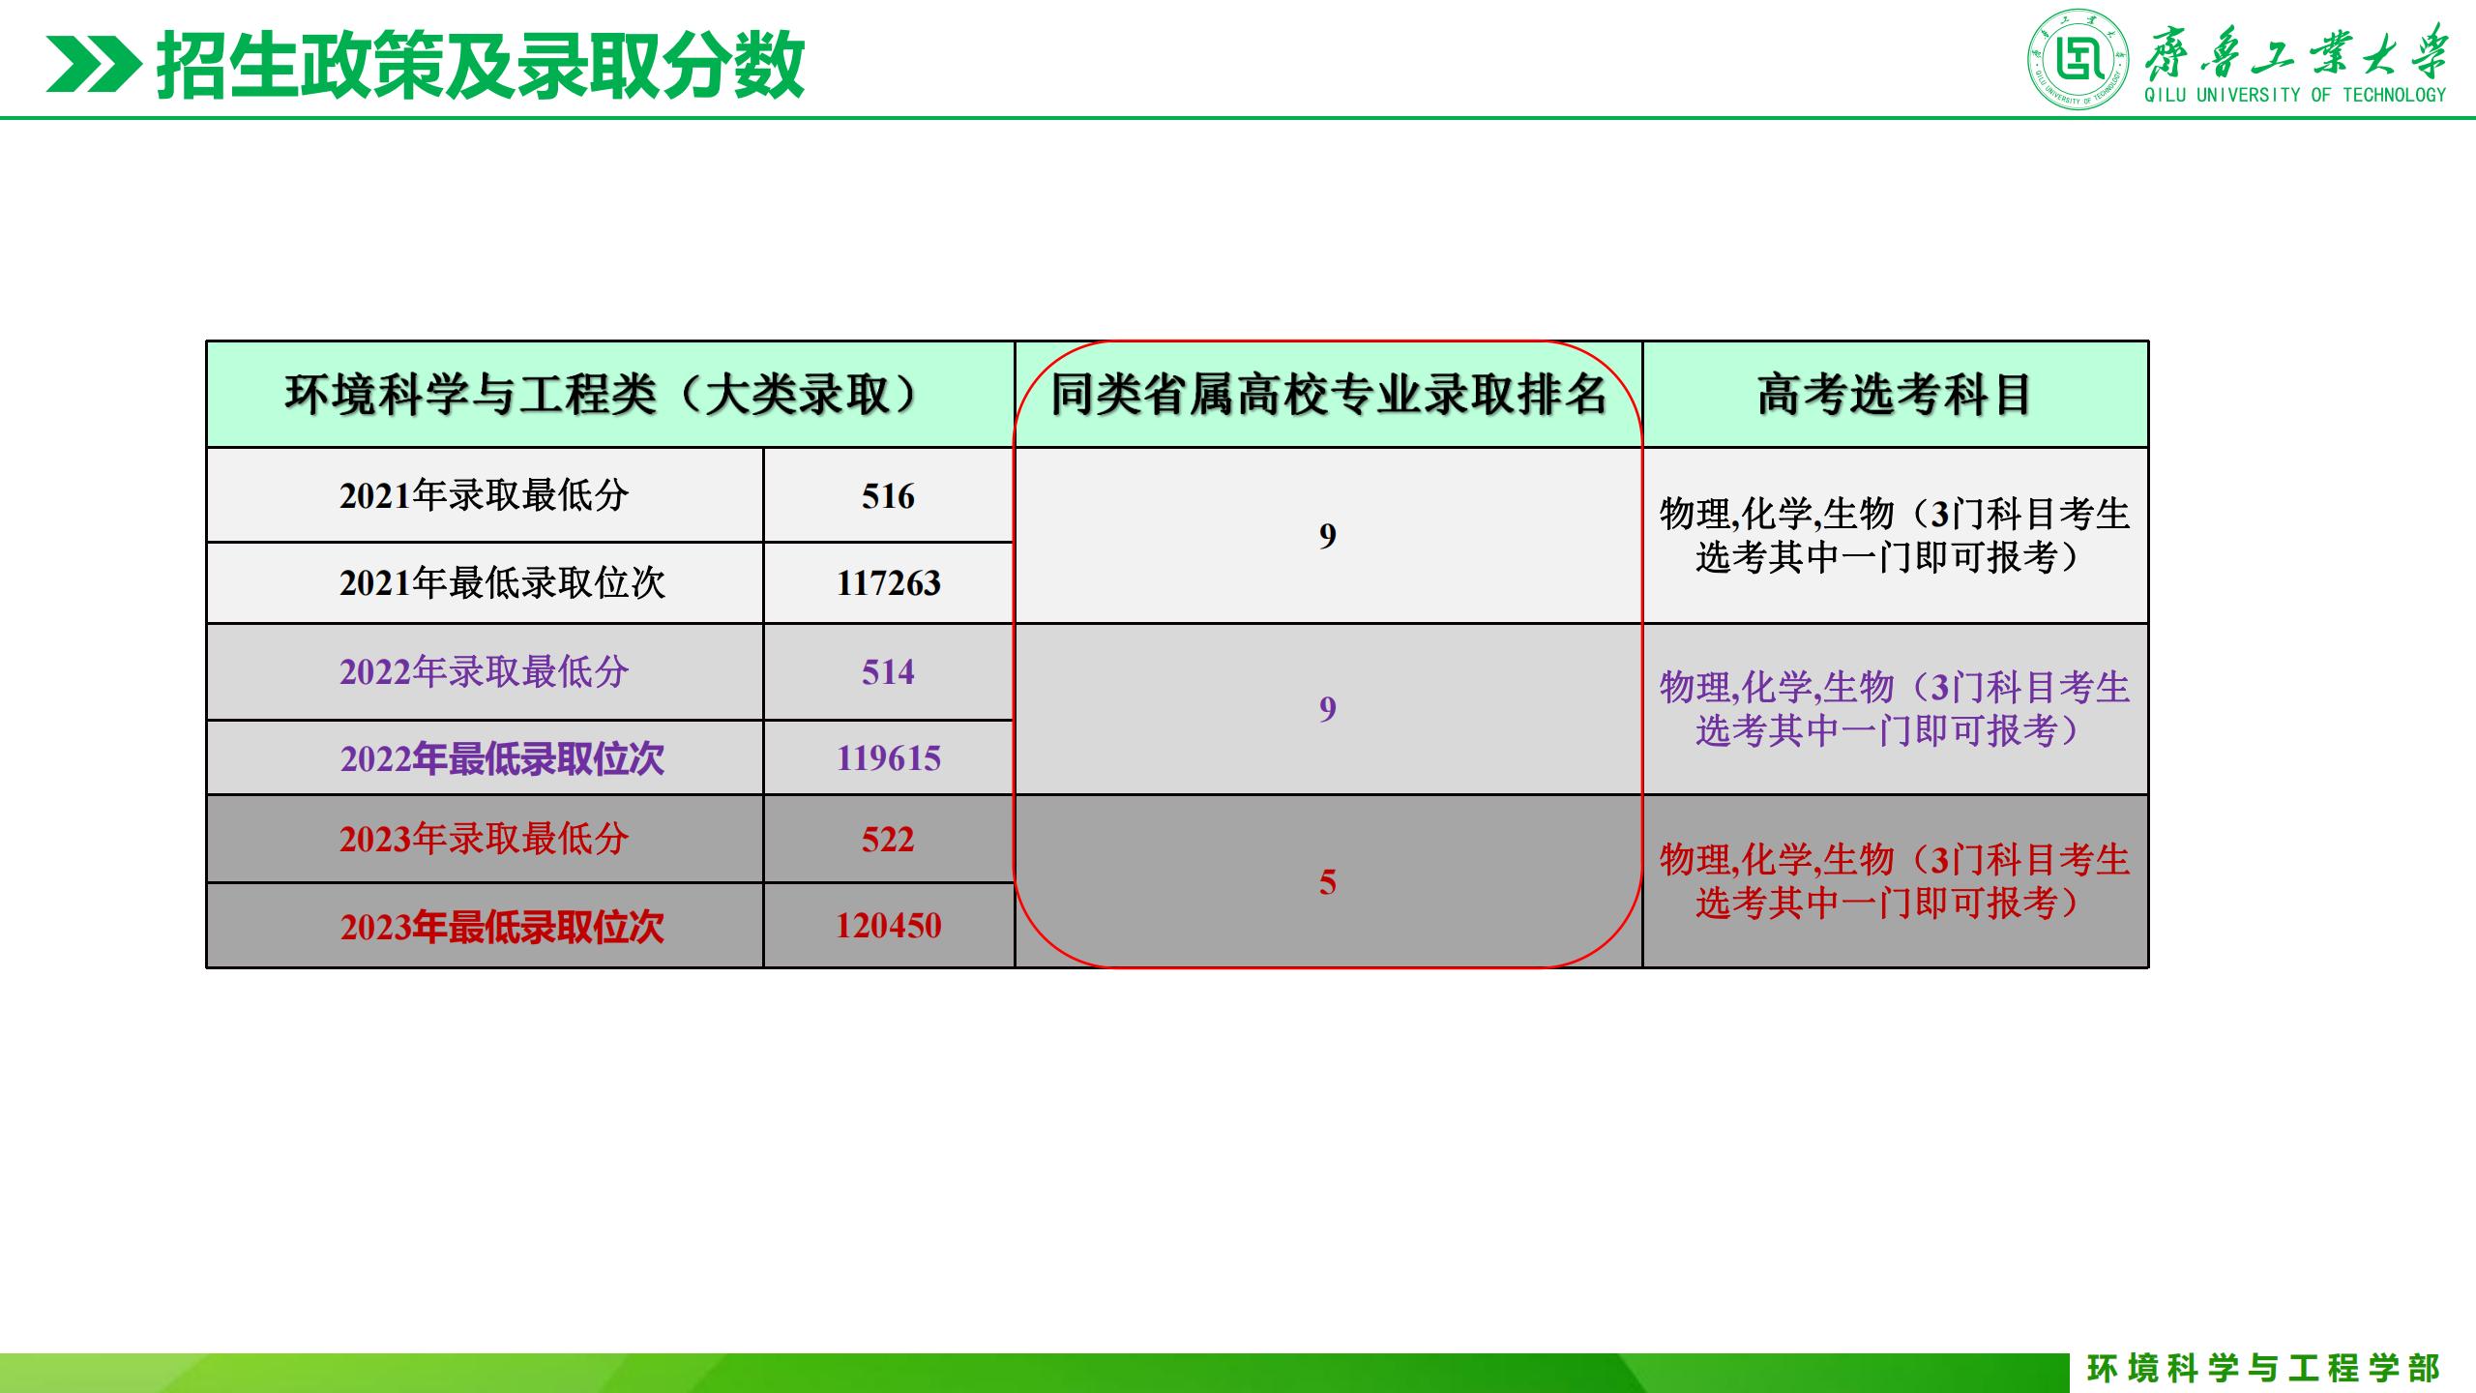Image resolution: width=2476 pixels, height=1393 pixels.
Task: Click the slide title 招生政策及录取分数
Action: pos(481,65)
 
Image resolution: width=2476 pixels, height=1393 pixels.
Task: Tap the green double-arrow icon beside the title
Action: pos(93,65)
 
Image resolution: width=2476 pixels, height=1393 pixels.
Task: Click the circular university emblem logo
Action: pos(2078,60)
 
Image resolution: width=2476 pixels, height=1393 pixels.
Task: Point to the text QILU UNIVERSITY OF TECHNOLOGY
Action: pos(2294,95)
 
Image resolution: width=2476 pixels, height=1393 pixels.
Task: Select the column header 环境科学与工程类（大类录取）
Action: pos(602,395)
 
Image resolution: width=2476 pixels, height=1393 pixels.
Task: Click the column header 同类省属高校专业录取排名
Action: pos(1329,395)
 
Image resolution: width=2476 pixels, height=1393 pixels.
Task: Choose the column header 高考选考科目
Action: pos(1895,395)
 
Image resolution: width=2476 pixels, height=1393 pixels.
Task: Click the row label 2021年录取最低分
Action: pos(485,495)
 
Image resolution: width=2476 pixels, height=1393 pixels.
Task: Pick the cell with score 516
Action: pos(888,496)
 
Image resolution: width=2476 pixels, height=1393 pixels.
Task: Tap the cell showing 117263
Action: pos(888,582)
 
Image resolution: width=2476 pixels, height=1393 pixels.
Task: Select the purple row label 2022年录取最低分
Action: pos(485,671)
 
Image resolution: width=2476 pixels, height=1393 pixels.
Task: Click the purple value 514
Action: pos(888,672)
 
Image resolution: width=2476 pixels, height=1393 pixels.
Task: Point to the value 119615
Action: pos(888,758)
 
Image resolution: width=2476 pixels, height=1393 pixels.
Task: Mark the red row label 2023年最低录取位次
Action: pos(502,927)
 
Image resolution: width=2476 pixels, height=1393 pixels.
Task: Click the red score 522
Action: pos(888,839)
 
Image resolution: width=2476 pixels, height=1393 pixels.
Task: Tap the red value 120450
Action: pos(888,926)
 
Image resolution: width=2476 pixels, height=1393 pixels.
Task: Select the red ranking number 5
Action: pos(1328,882)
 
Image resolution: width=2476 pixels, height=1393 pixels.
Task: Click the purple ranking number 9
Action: pos(1328,709)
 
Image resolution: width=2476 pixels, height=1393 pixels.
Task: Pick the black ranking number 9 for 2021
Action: pos(1328,535)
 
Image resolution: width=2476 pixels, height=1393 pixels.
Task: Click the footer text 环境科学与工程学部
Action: pos(2263,1368)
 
